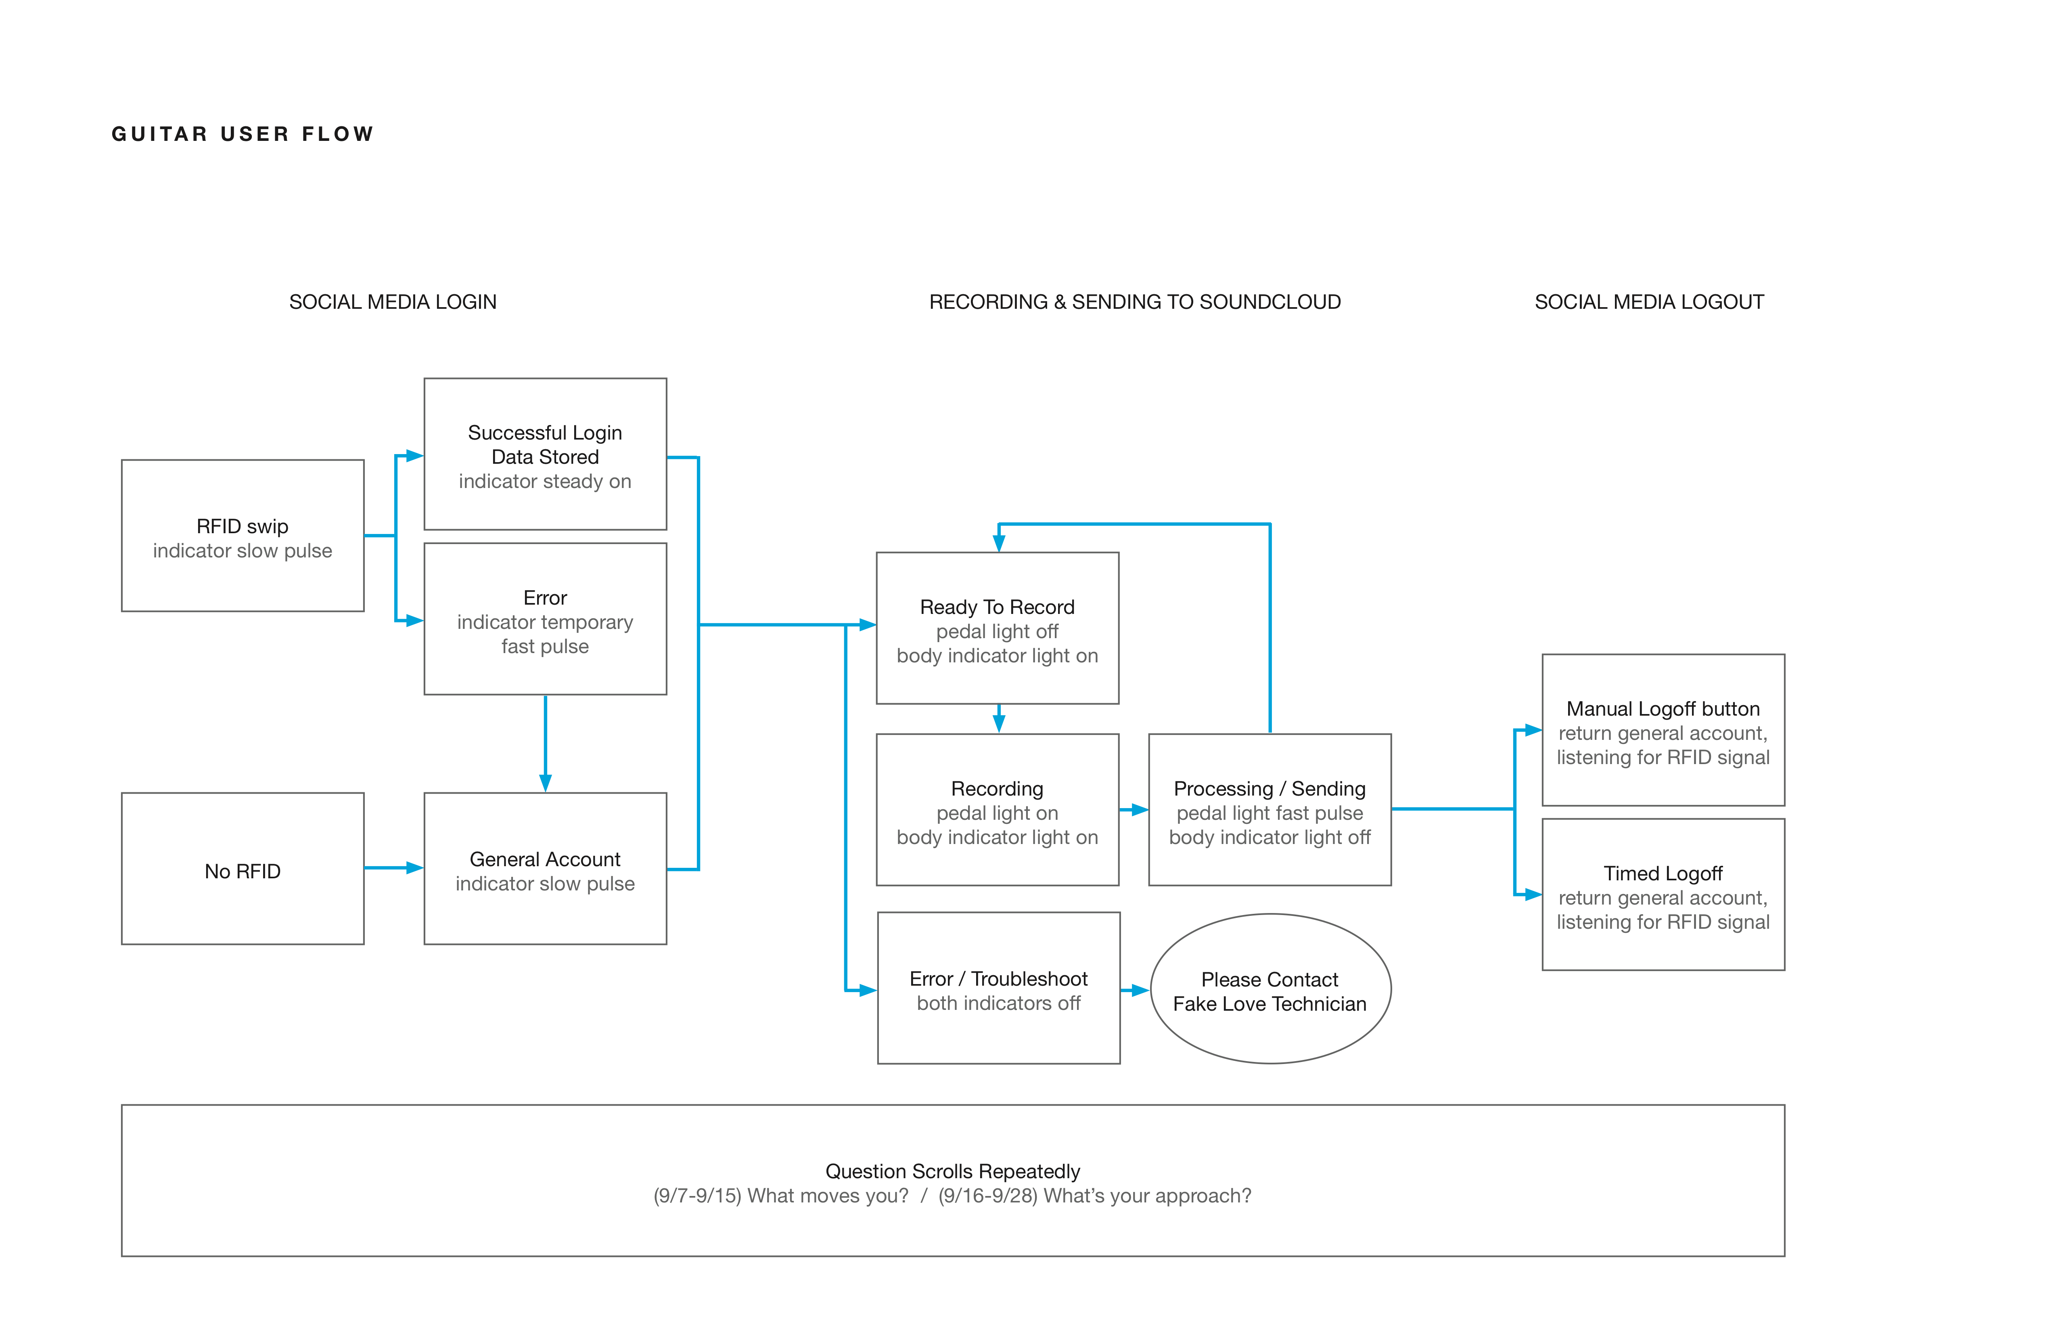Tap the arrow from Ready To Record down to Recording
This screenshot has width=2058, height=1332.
click(x=999, y=719)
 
